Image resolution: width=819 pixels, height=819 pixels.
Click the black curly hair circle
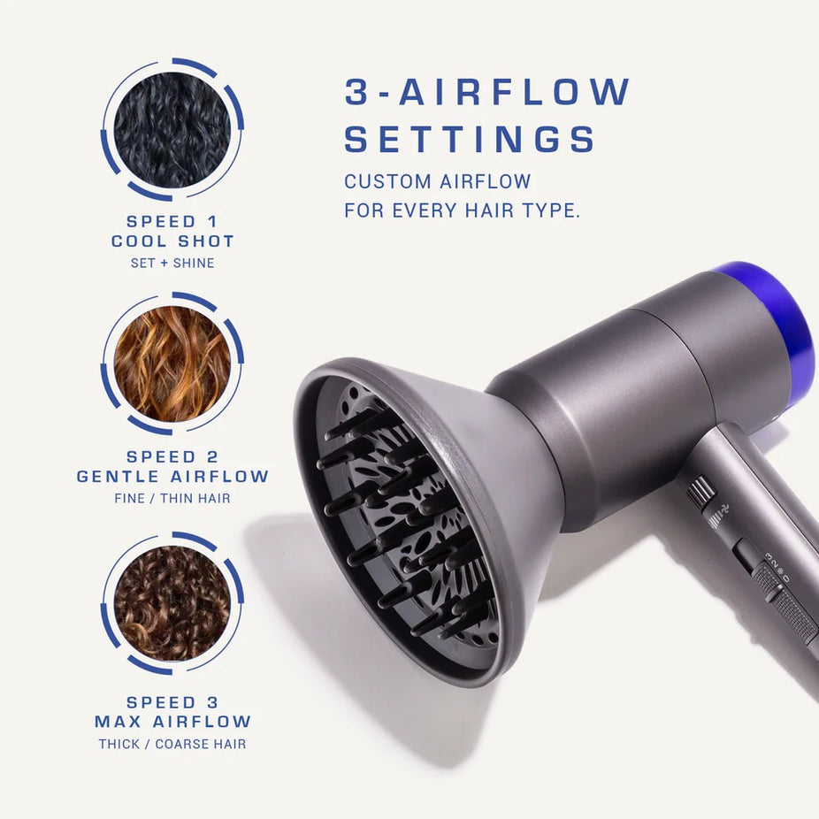[172, 129]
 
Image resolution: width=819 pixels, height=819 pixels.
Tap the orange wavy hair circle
[172, 364]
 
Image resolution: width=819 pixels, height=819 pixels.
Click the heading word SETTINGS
[470, 140]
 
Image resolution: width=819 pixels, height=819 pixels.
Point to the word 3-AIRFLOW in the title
[487, 92]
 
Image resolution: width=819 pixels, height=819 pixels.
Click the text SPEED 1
[172, 221]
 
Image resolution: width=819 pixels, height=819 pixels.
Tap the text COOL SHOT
[172, 241]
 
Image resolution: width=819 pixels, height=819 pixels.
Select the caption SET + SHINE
[172, 263]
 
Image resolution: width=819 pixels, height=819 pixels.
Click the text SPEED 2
[172, 457]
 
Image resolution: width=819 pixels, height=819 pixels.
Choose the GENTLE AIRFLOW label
[172, 477]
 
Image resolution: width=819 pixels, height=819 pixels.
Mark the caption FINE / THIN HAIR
[172, 499]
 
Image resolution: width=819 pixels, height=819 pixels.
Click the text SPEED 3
[172, 702]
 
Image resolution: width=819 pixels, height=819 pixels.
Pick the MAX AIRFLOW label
[172, 722]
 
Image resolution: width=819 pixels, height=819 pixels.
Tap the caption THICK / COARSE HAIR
[172, 744]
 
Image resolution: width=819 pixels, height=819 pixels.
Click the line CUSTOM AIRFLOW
[438, 182]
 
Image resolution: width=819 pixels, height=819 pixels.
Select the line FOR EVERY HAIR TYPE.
[462, 212]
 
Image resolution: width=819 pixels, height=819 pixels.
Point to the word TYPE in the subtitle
[552, 212]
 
